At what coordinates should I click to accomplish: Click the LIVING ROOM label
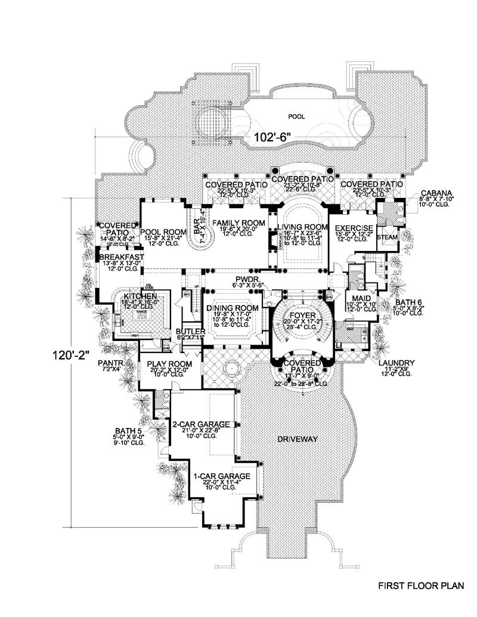pos(302,227)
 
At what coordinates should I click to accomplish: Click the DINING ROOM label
pos(232,308)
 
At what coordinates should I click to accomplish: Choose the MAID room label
pos(360,298)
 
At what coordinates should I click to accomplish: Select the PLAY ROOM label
pos(172,364)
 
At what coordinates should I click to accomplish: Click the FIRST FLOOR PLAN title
pos(421,586)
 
